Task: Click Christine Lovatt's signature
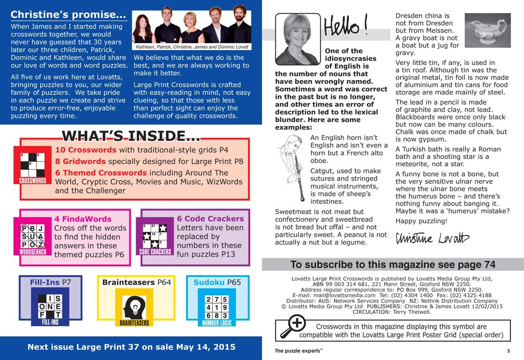(x=432, y=238)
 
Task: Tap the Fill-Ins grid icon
(x=50, y=307)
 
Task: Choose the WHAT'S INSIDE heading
(x=131, y=136)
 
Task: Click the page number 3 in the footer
(x=508, y=351)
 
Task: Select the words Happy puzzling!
(x=421, y=221)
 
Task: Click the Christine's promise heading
(x=68, y=15)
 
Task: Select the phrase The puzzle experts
(x=298, y=351)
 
